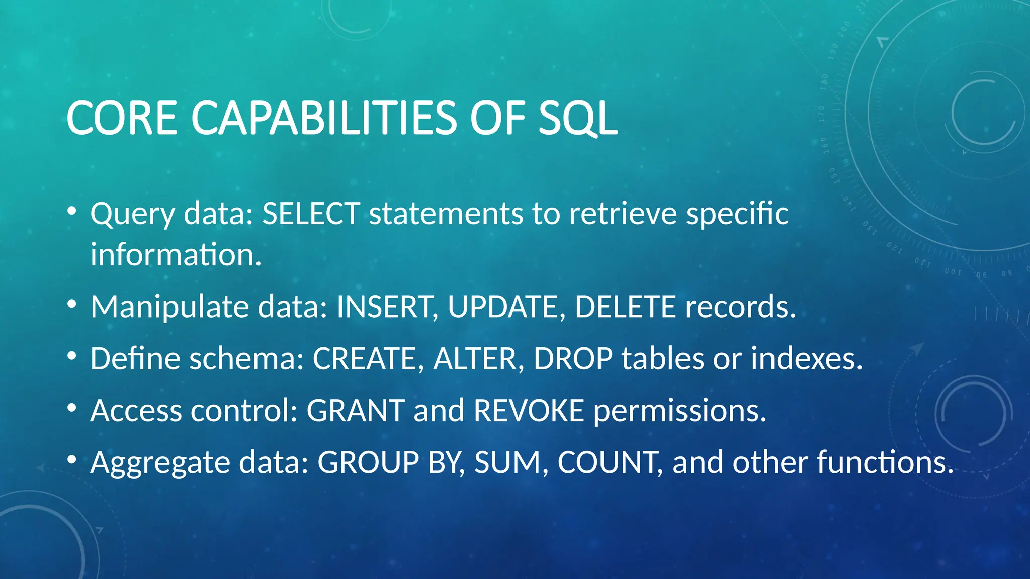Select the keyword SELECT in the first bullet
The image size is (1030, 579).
[x=311, y=213]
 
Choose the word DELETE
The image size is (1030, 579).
[x=625, y=307]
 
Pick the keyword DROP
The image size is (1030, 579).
[x=573, y=359]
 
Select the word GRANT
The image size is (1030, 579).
[x=356, y=411]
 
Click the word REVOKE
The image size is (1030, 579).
[x=529, y=411]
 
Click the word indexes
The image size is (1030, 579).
[x=806, y=359]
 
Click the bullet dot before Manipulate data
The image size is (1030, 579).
[x=72, y=304]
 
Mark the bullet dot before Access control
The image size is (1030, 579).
[x=72, y=408]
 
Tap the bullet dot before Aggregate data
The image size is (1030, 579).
[x=72, y=459]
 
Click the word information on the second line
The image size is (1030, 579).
[x=176, y=254]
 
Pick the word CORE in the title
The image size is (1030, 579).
[x=122, y=118]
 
